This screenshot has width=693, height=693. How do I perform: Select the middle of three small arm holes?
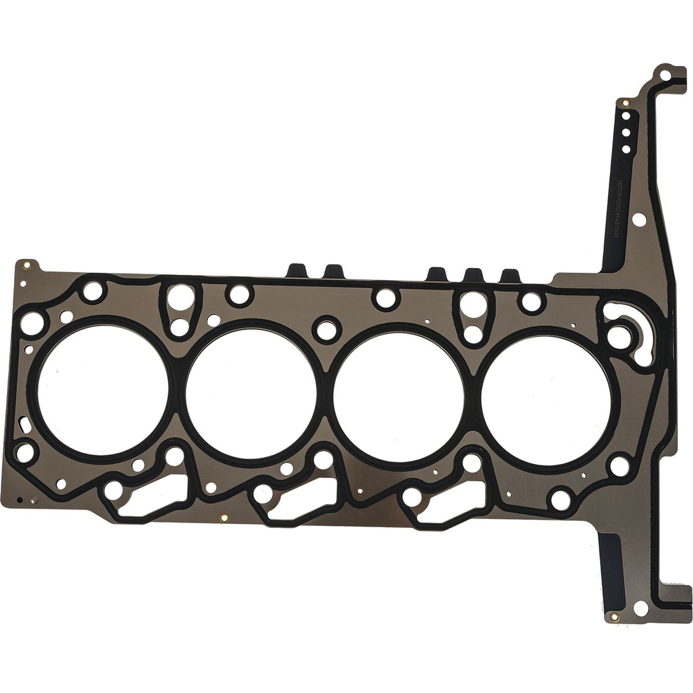(628, 132)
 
